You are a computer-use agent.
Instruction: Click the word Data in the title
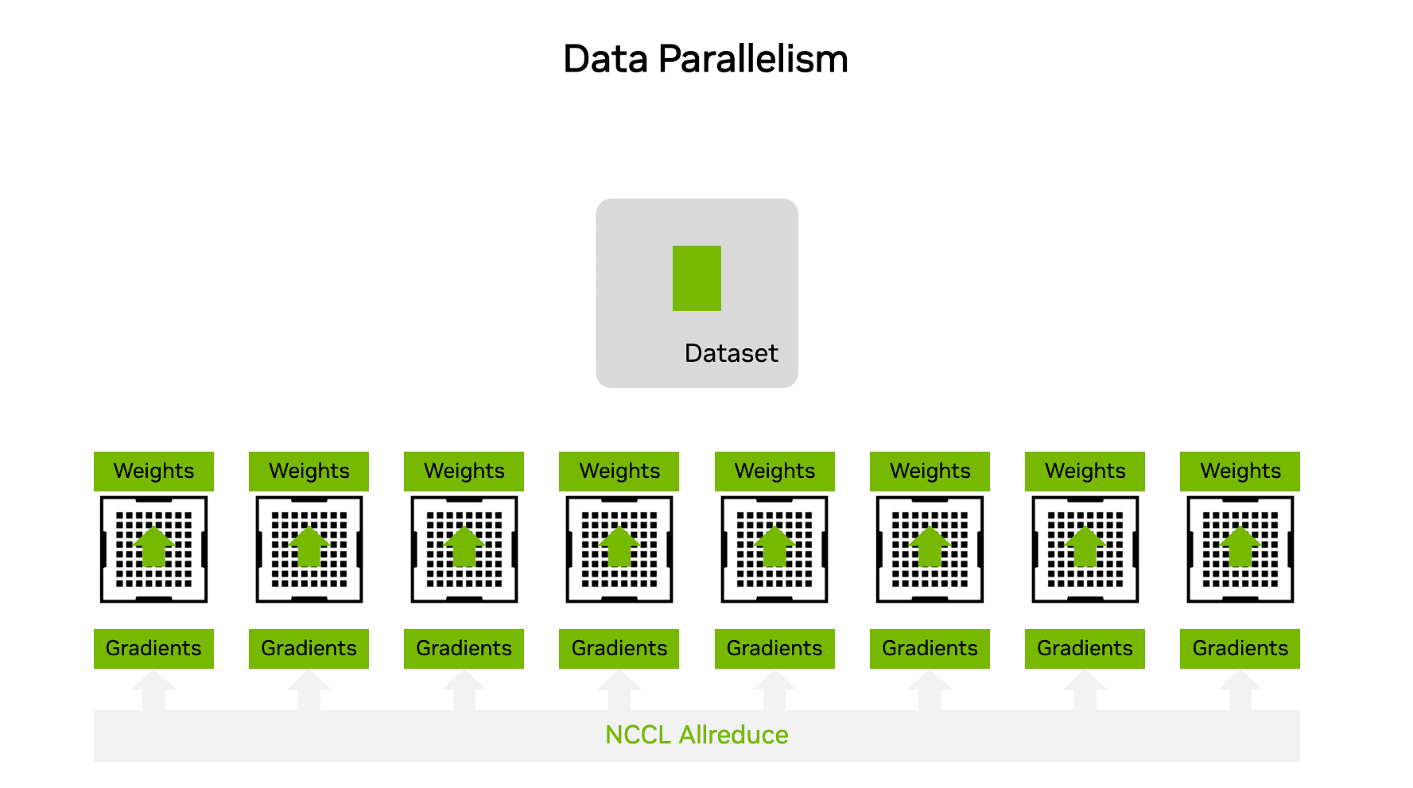(x=605, y=60)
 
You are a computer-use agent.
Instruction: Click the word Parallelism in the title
(x=753, y=60)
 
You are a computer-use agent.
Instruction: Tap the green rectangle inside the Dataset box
(x=697, y=278)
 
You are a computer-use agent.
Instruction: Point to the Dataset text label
(x=731, y=353)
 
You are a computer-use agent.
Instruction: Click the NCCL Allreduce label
(x=697, y=735)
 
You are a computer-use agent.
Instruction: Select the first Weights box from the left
(x=153, y=471)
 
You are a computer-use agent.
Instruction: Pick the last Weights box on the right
(x=1240, y=471)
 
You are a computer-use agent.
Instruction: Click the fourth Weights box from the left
(x=619, y=471)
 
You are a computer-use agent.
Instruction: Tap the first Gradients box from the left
(x=153, y=648)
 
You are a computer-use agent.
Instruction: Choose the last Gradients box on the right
(x=1240, y=648)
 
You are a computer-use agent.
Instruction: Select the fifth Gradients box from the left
(x=774, y=648)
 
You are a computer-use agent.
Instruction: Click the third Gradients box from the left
(x=464, y=648)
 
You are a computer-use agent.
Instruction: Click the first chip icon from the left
(x=153, y=549)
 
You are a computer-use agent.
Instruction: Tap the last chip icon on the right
(x=1240, y=549)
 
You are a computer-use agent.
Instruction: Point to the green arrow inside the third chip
(x=464, y=546)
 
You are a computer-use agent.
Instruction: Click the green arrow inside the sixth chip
(x=930, y=546)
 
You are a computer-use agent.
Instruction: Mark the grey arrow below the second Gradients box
(x=309, y=689)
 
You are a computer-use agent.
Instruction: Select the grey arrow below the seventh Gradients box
(x=1085, y=689)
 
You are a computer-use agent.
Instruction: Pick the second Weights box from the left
(x=309, y=471)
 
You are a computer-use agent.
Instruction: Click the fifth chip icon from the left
(x=774, y=549)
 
